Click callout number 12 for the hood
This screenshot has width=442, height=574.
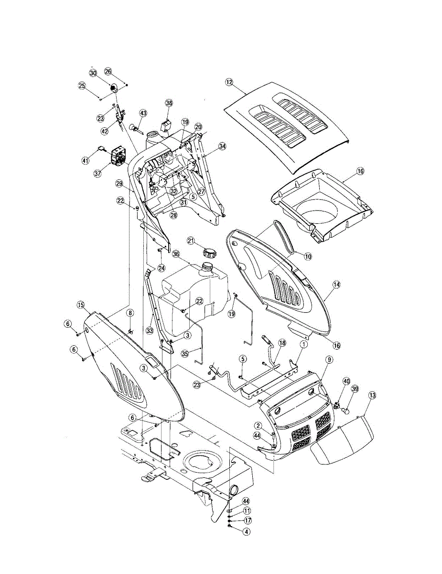coord(229,82)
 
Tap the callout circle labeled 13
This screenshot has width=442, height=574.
coord(372,395)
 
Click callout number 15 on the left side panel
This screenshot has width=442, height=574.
coord(80,305)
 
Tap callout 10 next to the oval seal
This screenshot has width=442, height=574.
coord(308,257)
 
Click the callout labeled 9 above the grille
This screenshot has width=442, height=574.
coord(329,359)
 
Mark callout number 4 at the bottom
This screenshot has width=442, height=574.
coord(233,530)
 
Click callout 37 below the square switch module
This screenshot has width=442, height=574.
coord(98,174)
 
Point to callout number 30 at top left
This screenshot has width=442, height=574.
coord(93,73)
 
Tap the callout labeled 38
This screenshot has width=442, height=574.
coord(169,103)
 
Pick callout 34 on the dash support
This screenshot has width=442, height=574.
coord(221,147)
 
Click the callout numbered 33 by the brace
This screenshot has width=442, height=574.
coord(150,331)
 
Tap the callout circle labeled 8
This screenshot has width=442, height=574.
coord(130,313)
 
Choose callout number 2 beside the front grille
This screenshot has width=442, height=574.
coord(258,426)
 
